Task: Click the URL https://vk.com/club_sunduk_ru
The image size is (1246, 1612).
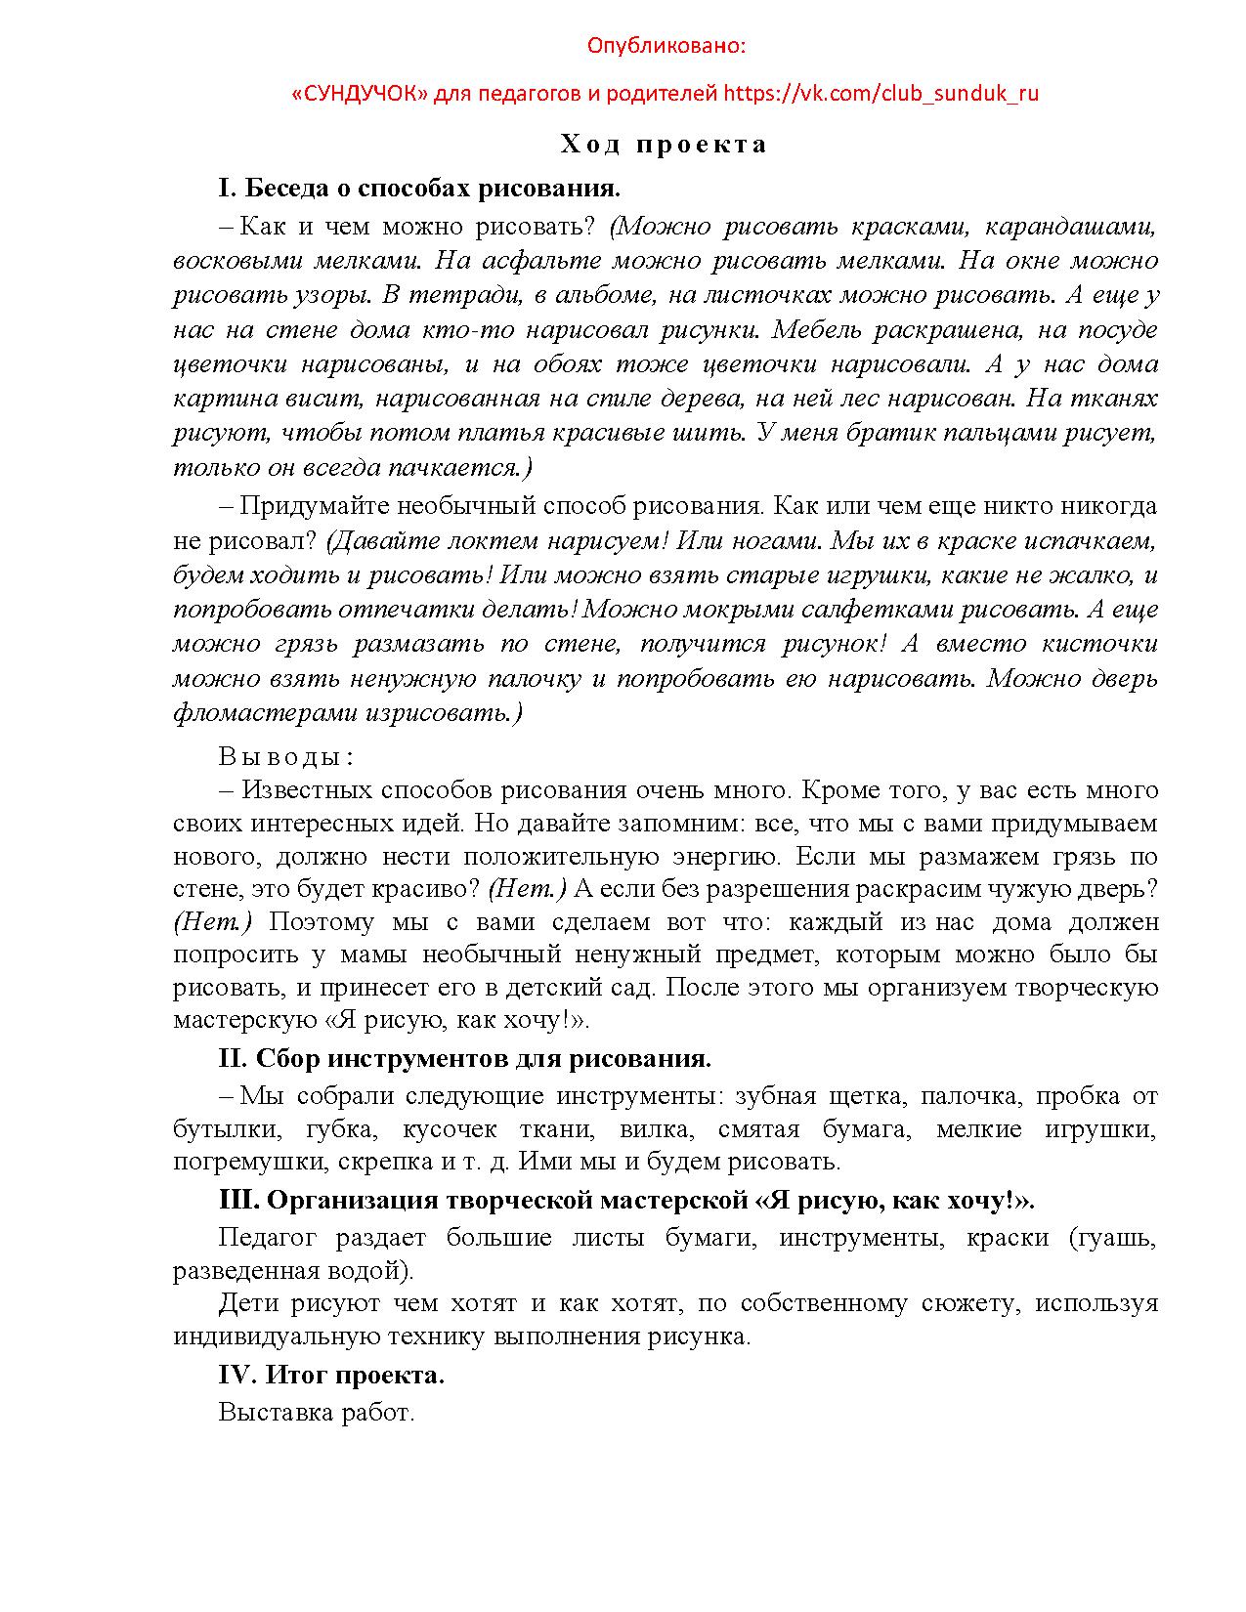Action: point(881,94)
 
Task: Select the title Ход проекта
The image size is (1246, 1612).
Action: point(665,146)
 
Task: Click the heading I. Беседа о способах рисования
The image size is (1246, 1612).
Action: point(419,188)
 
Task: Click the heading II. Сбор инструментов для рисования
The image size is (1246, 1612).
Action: point(464,1059)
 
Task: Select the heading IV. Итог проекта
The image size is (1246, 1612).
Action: point(331,1376)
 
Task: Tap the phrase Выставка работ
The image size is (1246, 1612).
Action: point(317,1412)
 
